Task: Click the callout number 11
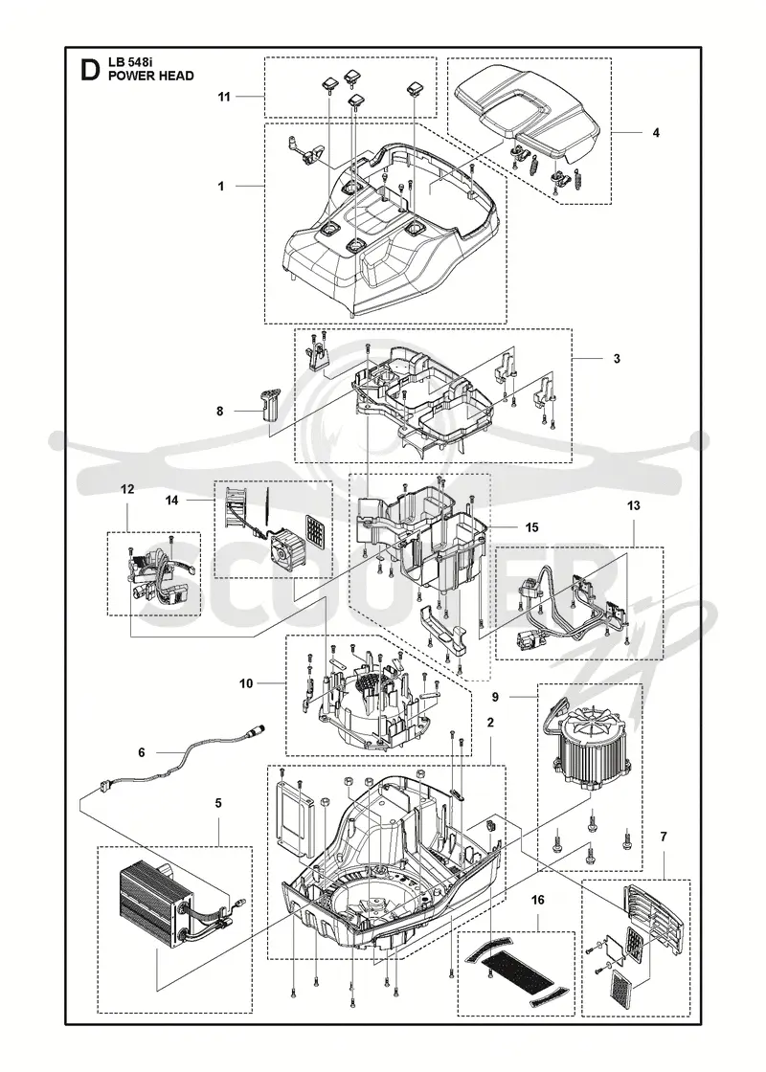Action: point(224,97)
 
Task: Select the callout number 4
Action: point(656,133)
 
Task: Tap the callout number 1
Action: point(221,186)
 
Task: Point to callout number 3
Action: point(617,358)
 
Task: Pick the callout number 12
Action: point(128,489)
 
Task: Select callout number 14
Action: point(171,501)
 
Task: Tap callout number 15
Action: point(531,527)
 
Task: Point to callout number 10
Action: point(246,683)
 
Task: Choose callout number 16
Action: point(538,900)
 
